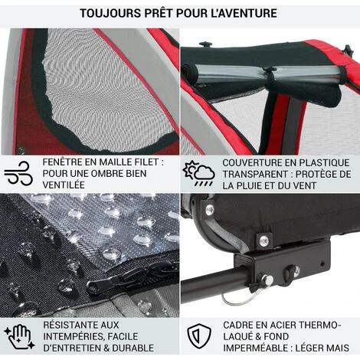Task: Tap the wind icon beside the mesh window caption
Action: [x=18, y=173]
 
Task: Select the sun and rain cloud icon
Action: [x=199, y=173]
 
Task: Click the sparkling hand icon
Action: [x=20, y=336]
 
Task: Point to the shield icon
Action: [x=199, y=336]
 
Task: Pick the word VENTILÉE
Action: [x=64, y=185]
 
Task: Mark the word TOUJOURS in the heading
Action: [x=110, y=13]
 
